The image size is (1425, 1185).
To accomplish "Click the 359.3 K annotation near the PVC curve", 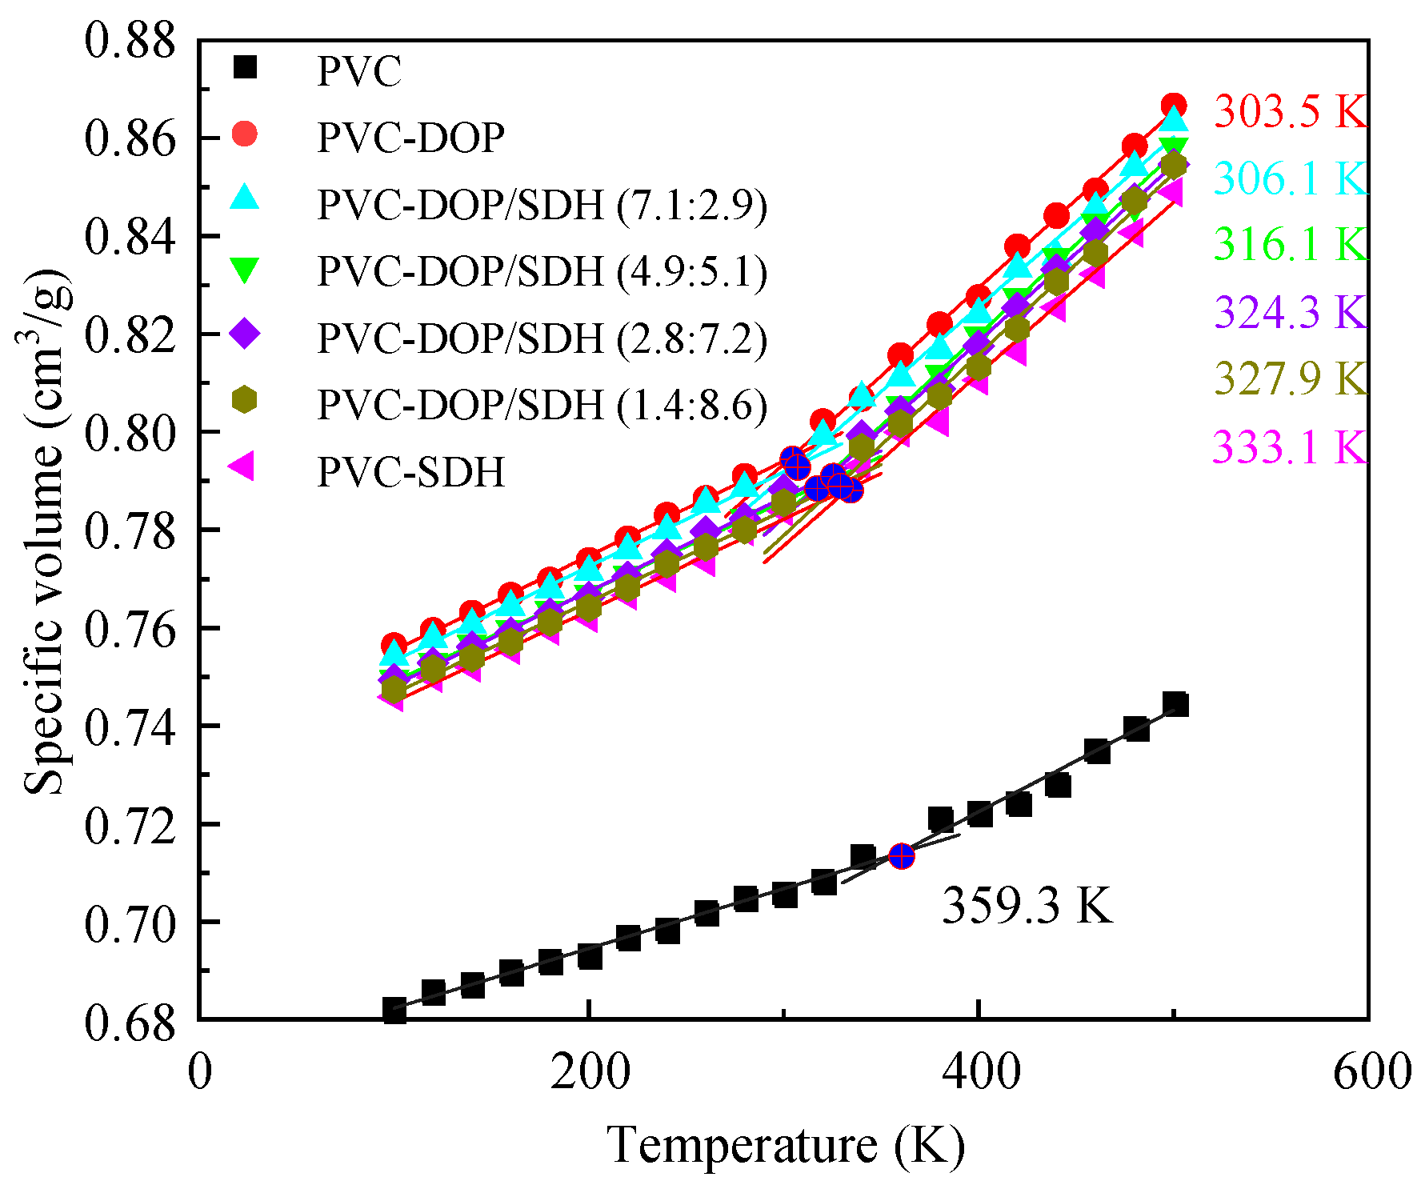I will click(x=1026, y=906).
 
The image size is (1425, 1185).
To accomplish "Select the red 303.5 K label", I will click(x=1290, y=111).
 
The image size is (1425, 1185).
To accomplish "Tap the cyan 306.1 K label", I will click(x=1290, y=178).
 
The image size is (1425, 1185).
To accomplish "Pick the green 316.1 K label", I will click(x=1290, y=244).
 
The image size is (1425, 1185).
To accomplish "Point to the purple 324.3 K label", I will click(x=1290, y=311).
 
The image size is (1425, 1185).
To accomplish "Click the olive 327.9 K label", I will click(x=1290, y=378).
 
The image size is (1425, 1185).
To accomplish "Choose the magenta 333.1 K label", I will click(x=1290, y=446).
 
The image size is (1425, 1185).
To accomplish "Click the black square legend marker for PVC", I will click(x=245, y=67).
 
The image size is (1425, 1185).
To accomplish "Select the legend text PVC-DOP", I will click(x=411, y=138).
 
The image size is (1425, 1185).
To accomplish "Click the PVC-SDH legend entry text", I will click(x=411, y=472).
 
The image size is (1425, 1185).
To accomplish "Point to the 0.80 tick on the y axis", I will click(x=129, y=432).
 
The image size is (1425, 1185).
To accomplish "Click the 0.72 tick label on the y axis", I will click(x=129, y=825).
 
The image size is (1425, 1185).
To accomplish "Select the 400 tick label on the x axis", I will click(x=979, y=1073).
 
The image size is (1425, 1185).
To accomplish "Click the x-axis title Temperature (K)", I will click(x=786, y=1145).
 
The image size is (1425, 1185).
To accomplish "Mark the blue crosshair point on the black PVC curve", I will click(x=901, y=857).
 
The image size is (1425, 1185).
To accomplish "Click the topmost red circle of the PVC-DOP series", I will click(x=1173, y=106).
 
